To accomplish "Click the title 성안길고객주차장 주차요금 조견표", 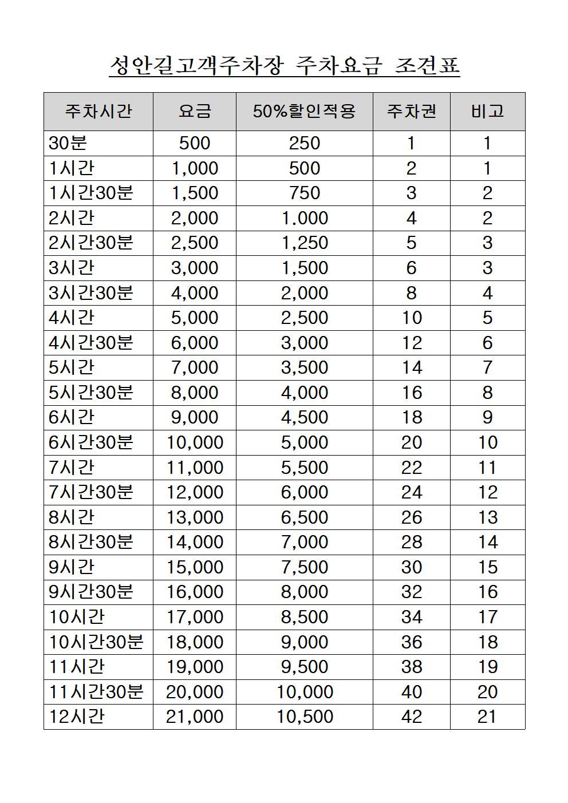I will click(x=285, y=66).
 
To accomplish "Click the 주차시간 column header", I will click(x=98, y=111).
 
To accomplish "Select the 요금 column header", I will click(x=195, y=111).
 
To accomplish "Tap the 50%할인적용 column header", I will click(x=305, y=111).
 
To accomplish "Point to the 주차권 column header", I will click(x=412, y=111).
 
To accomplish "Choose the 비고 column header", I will click(x=487, y=111).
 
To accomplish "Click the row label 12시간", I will click(x=77, y=717).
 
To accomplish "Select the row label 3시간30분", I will click(x=91, y=293).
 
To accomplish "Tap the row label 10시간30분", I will click(x=96, y=642).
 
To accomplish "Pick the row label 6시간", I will click(x=72, y=417).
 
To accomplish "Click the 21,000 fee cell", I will click(x=195, y=717).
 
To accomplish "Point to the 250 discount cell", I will click(x=305, y=143).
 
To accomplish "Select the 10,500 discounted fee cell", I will click(x=305, y=717).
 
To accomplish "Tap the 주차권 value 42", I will click(x=412, y=717).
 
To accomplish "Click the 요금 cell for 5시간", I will click(x=195, y=367).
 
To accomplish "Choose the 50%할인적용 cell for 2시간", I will click(x=305, y=218).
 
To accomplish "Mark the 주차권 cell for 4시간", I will click(x=412, y=318).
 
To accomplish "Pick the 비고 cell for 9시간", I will click(x=487, y=567).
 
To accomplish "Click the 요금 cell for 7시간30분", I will click(x=195, y=492).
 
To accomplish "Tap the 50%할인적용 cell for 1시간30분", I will click(x=305, y=193).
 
